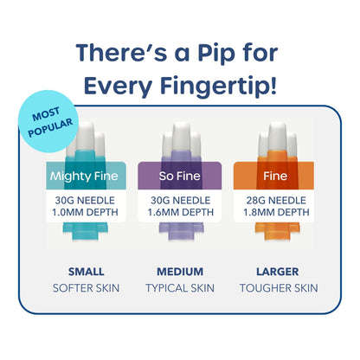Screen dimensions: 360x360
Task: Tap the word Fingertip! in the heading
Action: pos(218,86)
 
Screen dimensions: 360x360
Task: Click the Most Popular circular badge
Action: pos(49,121)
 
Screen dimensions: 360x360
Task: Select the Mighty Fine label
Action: pos(84,176)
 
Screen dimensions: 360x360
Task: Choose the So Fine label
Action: pos(180,176)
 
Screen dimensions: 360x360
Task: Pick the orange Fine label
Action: pos(275,176)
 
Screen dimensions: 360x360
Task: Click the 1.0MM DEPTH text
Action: pos(85,212)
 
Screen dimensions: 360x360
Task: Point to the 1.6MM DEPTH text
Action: pos(181,212)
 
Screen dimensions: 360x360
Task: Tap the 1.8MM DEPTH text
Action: pos(276,212)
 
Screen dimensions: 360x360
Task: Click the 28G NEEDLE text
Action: pos(276,200)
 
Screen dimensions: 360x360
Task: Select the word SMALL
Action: pos(86,272)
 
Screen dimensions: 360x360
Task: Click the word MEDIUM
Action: pos(180,272)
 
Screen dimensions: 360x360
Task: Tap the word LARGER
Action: pos(278,272)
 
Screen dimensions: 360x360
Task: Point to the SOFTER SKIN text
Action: pos(86,288)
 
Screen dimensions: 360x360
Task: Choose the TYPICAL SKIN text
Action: pos(180,288)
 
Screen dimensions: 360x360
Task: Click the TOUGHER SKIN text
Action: pos(279,288)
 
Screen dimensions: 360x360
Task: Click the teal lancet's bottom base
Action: pos(86,231)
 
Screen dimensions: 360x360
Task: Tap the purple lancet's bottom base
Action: pos(182,231)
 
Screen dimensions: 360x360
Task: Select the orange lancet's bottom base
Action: pos(277,231)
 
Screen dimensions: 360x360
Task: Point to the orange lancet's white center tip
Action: pos(277,136)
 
